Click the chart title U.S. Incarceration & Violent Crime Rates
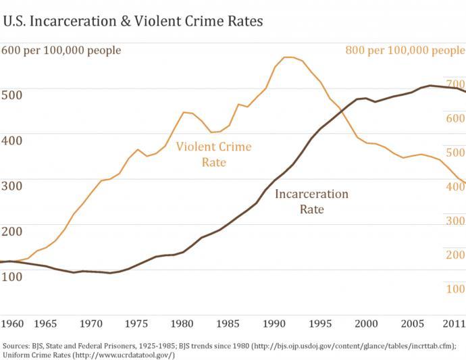tap(132, 21)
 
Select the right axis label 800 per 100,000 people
tap(405, 51)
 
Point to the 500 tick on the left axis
tap(11, 94)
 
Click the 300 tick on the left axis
tap(11, 186)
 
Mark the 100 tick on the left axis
tap(11, 276)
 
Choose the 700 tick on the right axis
tap(454, 82)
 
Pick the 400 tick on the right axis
tap(454, 186)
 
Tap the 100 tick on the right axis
tap(454, 289)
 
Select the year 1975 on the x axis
tap(137, 322)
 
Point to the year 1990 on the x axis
tap(274, 322)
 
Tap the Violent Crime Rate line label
tap(213, 155)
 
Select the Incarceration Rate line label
tap(311, 201)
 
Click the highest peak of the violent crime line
tap(288, 57)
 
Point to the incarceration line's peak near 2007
tap(430, 86)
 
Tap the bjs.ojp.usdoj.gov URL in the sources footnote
tap(352, 345)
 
